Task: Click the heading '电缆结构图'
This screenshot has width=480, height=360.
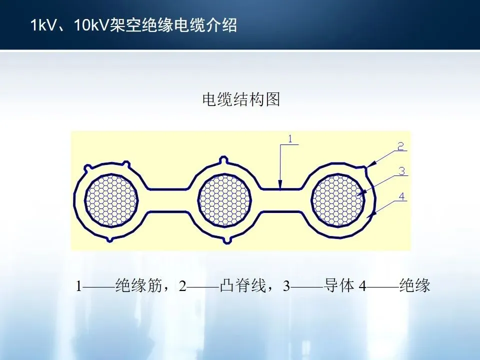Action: point(240,99)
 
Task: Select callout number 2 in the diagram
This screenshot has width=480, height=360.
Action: point(400,146)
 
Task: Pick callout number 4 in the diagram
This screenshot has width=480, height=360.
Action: point(401,196)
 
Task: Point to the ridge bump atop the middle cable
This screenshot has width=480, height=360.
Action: point(223,160)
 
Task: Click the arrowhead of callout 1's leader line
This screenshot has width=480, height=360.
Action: point(280,187)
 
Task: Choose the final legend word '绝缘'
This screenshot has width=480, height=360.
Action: point(415,286)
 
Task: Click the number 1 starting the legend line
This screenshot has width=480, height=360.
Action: point(78,286)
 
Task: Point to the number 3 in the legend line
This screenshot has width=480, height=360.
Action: point(286,286)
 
